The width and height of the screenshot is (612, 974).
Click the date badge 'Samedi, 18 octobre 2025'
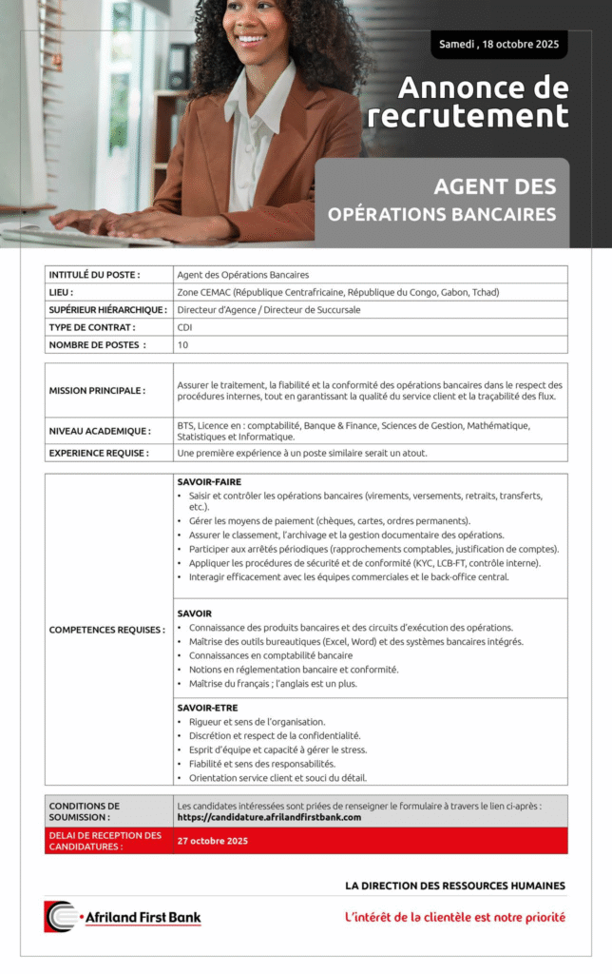point(498,45)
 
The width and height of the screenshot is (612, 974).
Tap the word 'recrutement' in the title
point(468,116)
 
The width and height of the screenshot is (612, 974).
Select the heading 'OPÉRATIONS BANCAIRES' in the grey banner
point(442,214)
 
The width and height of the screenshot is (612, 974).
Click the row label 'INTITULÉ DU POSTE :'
point(94,275)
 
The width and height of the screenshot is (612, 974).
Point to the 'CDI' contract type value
point(184,327)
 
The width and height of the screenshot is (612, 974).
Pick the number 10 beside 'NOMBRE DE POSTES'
point(182,344)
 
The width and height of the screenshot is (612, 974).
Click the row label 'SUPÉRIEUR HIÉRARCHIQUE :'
point(107,310)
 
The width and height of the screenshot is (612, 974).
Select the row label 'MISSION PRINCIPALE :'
point(97,391)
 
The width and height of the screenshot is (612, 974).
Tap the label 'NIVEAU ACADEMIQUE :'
point(99,431)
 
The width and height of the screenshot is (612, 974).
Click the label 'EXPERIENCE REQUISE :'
point(99,454)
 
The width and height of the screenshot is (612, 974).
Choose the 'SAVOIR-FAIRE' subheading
point(209,482)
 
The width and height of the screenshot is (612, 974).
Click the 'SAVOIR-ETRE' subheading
point(207,708)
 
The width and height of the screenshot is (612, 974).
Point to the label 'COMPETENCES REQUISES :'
point(106,630)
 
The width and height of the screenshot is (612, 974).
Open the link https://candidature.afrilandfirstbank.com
point(269,817)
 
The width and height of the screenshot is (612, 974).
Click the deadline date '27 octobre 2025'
point(212,841)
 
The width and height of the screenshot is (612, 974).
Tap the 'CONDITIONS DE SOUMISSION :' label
point(85,811)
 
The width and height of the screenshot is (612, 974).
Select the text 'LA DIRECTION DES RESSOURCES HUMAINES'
point(454,886)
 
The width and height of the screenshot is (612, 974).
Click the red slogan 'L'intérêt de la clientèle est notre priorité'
point(454,917)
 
